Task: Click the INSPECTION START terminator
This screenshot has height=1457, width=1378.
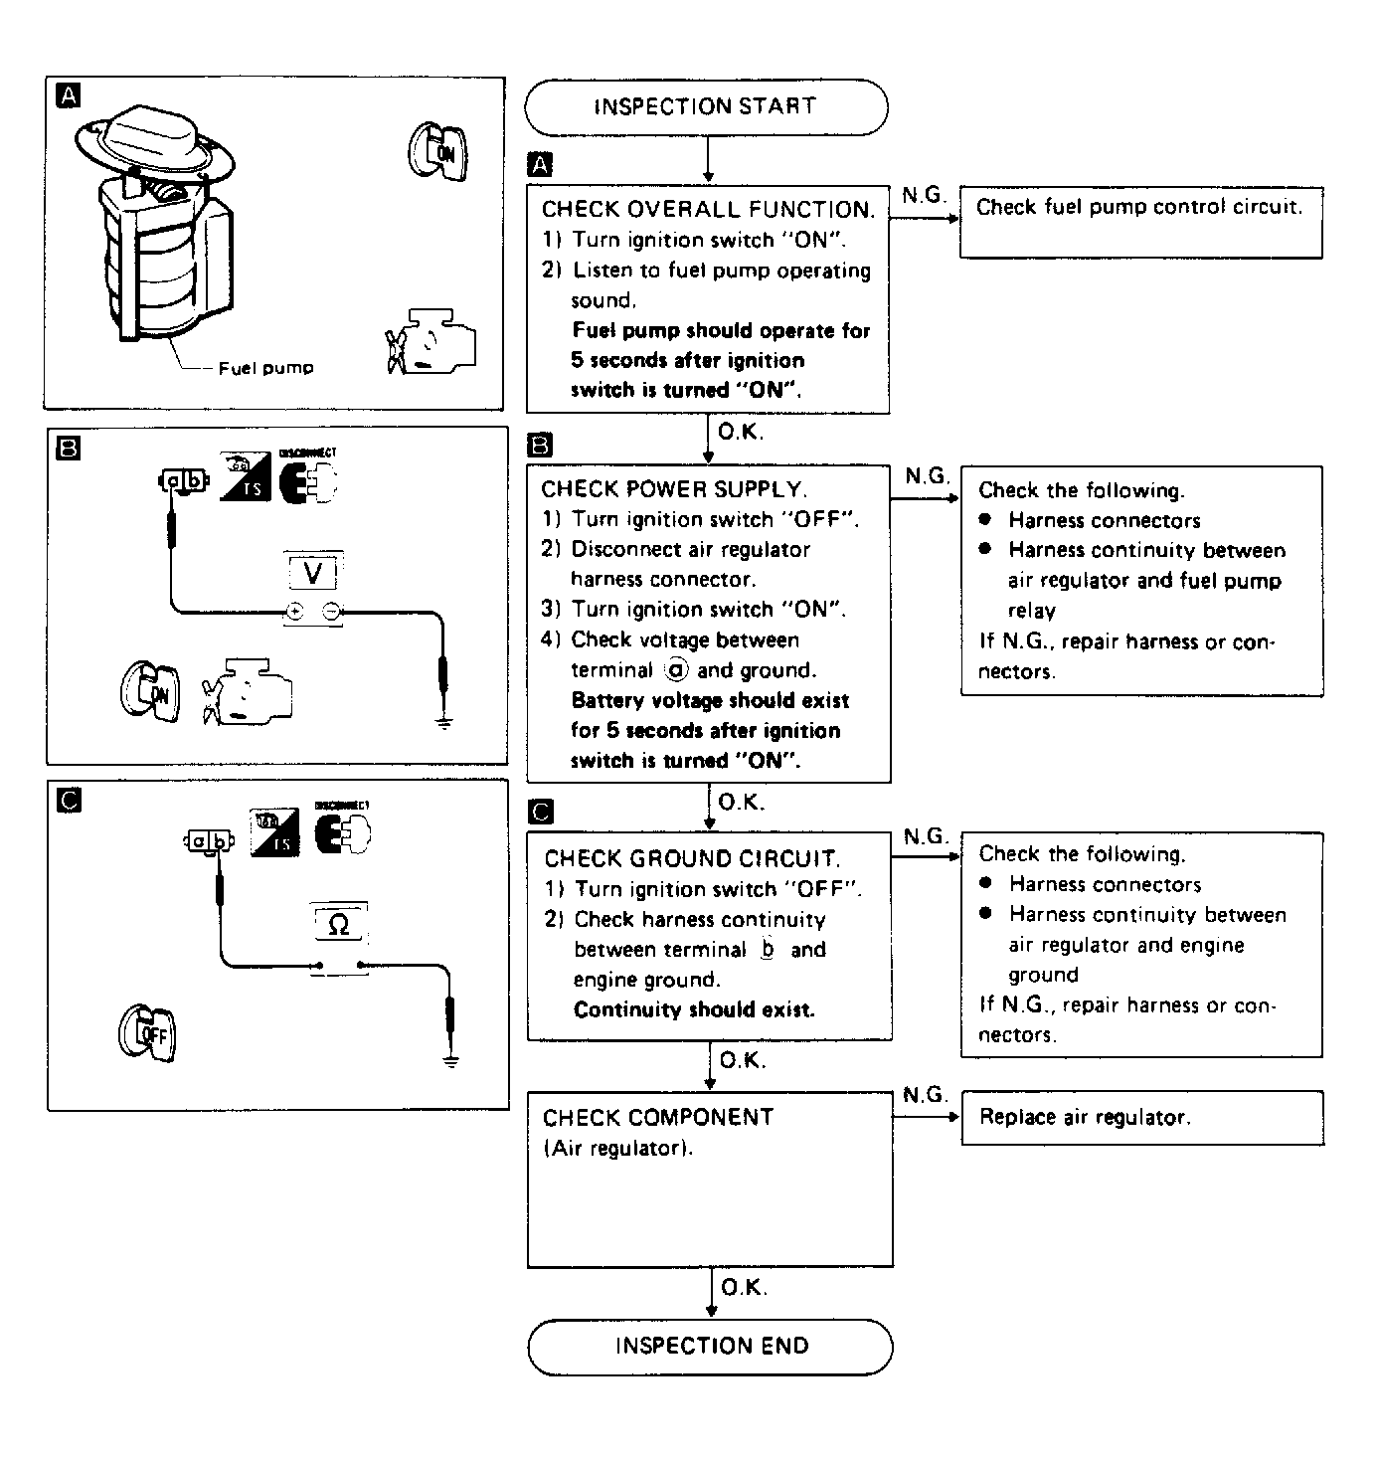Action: (x=705, y=106)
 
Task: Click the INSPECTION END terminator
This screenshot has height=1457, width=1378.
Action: (x=710, y=1347)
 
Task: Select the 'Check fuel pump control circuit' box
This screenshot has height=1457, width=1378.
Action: (x=1139, y=221)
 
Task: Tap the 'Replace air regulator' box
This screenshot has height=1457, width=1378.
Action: (x=1141, y=1117)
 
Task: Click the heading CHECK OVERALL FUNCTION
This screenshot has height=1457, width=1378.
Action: (x=708, y=209)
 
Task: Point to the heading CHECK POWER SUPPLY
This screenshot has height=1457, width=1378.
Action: (x=674, y=489)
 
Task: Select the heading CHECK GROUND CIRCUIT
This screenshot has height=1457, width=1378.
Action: (x=692, y=858)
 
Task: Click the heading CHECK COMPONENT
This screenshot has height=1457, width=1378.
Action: (x=658, y=1117)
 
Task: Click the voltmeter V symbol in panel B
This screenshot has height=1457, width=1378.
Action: (x=313, y=572)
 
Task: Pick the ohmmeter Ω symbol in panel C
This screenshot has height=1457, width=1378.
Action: (x=338, y=925)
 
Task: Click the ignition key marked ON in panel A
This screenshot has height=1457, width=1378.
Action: (x=435, y=152)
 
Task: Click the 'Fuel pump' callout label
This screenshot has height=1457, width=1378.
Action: (x=265, y=368)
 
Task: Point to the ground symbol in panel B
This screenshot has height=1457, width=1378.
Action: (x=443, y=722)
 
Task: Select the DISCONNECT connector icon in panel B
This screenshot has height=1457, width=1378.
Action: (x=307, y=481)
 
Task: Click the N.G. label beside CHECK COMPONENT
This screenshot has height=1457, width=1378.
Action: (x=925, y=1095)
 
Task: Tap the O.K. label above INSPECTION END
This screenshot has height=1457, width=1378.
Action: (x=744, y=1288)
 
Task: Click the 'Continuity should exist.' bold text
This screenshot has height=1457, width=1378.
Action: (x=694, y=1009)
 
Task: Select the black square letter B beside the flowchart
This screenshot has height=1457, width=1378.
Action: (x=539, y=444)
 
